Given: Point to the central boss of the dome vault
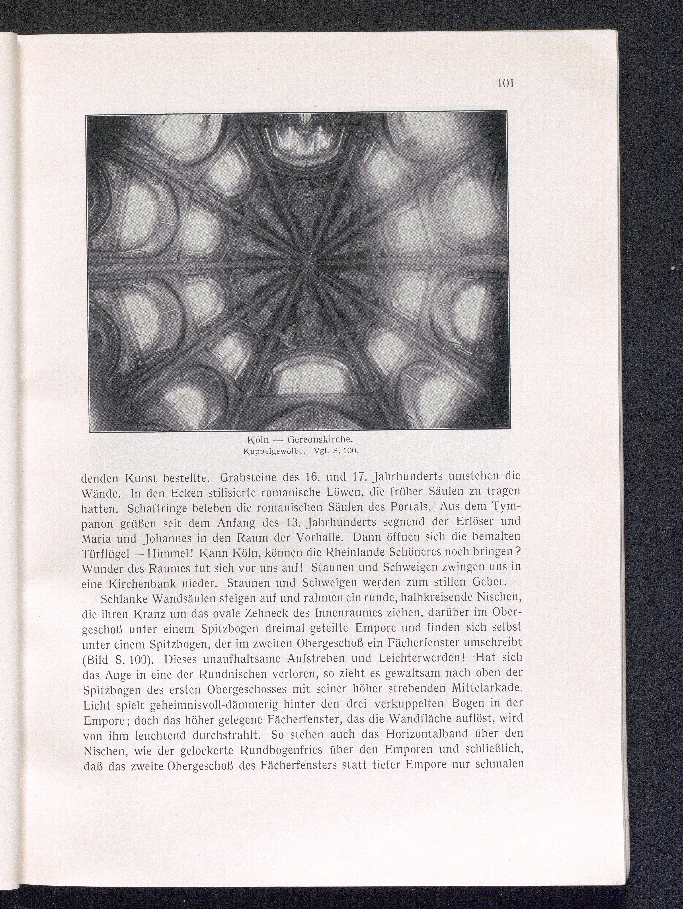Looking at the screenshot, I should tap(307, 262).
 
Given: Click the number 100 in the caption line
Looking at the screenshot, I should tap(351, 451).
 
